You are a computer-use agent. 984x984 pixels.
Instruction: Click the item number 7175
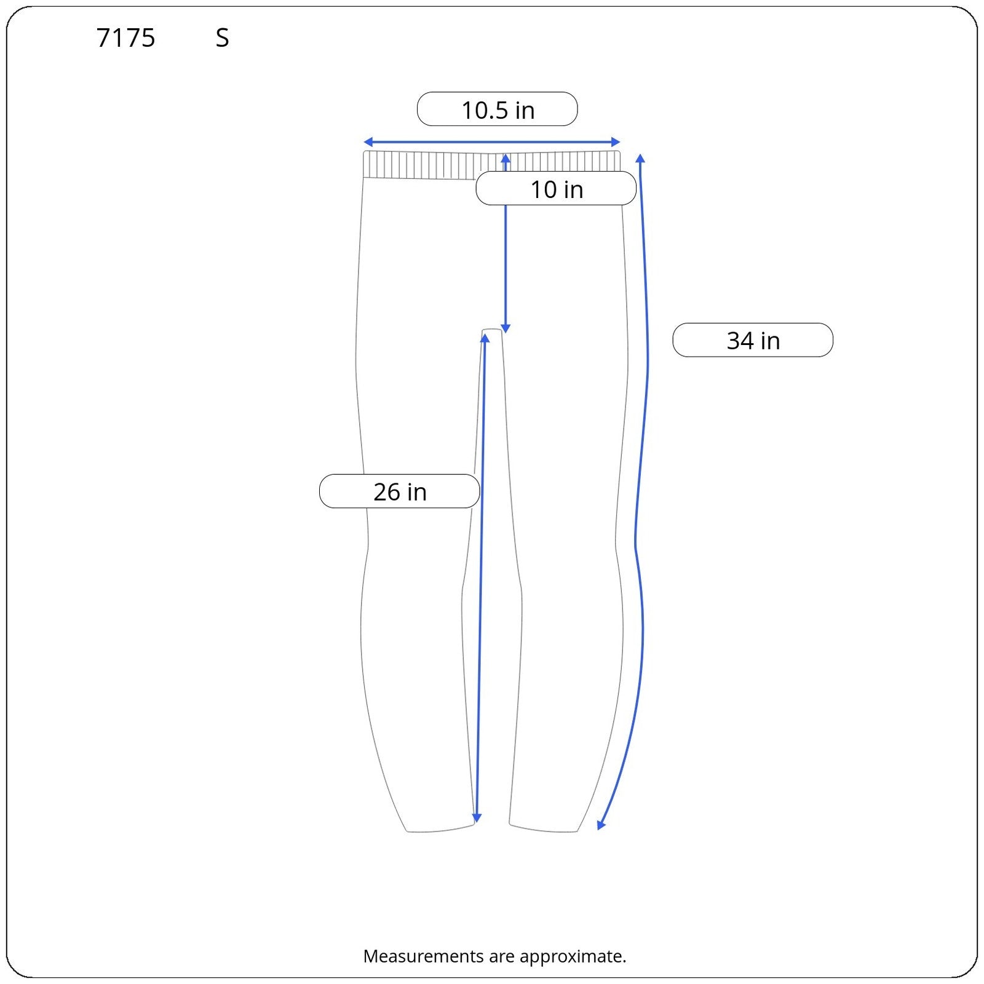[x=126, y=38]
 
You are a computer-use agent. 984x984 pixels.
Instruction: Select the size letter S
[x=222, y=38]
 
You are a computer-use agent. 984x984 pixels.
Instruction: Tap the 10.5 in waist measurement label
[x=498, y=110]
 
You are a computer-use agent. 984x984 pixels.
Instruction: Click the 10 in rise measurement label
[x=556, y=189]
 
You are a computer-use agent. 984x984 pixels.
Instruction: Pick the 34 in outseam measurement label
[x=753, y=340]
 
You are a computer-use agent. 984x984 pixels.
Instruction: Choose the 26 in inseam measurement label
[x=400, y=491]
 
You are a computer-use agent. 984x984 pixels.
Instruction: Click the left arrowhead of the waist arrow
[x=368, y=143]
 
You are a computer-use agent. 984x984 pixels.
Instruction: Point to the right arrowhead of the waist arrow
[x=616, y=143]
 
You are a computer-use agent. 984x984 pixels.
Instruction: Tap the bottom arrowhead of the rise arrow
[x=506, y=329]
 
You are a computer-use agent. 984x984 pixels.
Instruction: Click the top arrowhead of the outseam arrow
[x=640, y=159]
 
